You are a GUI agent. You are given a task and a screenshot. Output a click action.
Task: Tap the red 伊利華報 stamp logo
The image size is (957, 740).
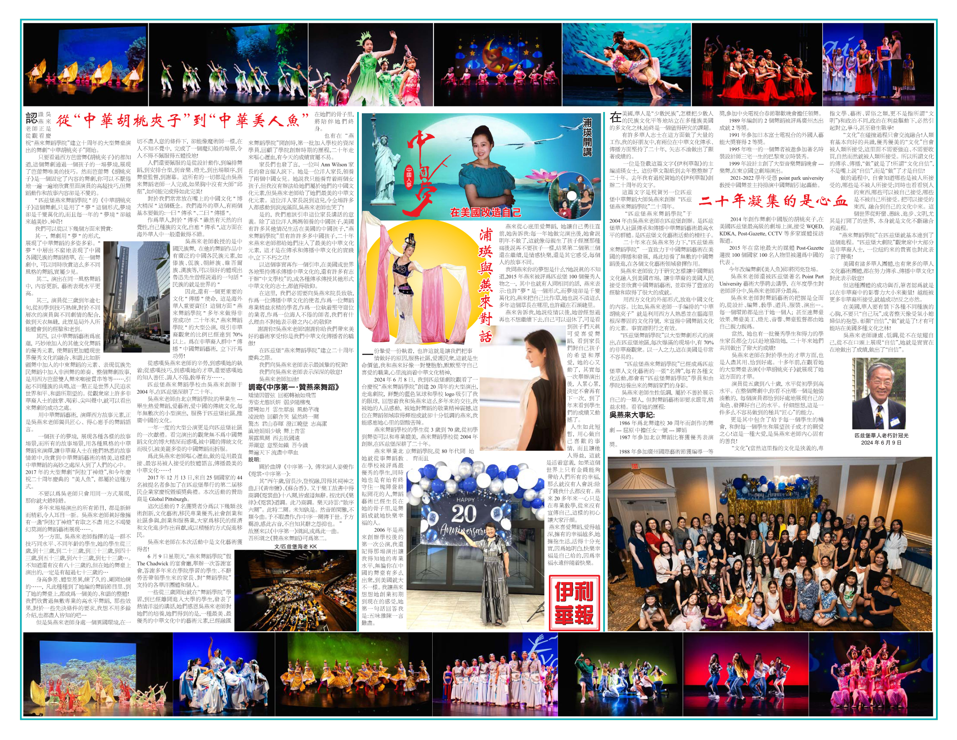click(574, 603)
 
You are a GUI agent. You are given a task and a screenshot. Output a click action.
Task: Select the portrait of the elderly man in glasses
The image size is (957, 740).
click(878, 393)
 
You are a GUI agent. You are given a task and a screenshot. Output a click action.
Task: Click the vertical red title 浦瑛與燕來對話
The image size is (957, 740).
click(485, 285)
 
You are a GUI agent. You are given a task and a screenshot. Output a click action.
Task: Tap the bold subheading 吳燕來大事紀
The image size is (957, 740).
click(632, 415)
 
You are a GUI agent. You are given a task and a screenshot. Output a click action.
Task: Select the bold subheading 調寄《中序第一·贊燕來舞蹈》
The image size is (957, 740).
click(293, 387)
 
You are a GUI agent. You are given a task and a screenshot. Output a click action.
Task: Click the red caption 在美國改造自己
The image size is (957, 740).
click(486, 212)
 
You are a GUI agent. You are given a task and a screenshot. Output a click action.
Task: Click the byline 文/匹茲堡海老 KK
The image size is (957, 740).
click(295, 546)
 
